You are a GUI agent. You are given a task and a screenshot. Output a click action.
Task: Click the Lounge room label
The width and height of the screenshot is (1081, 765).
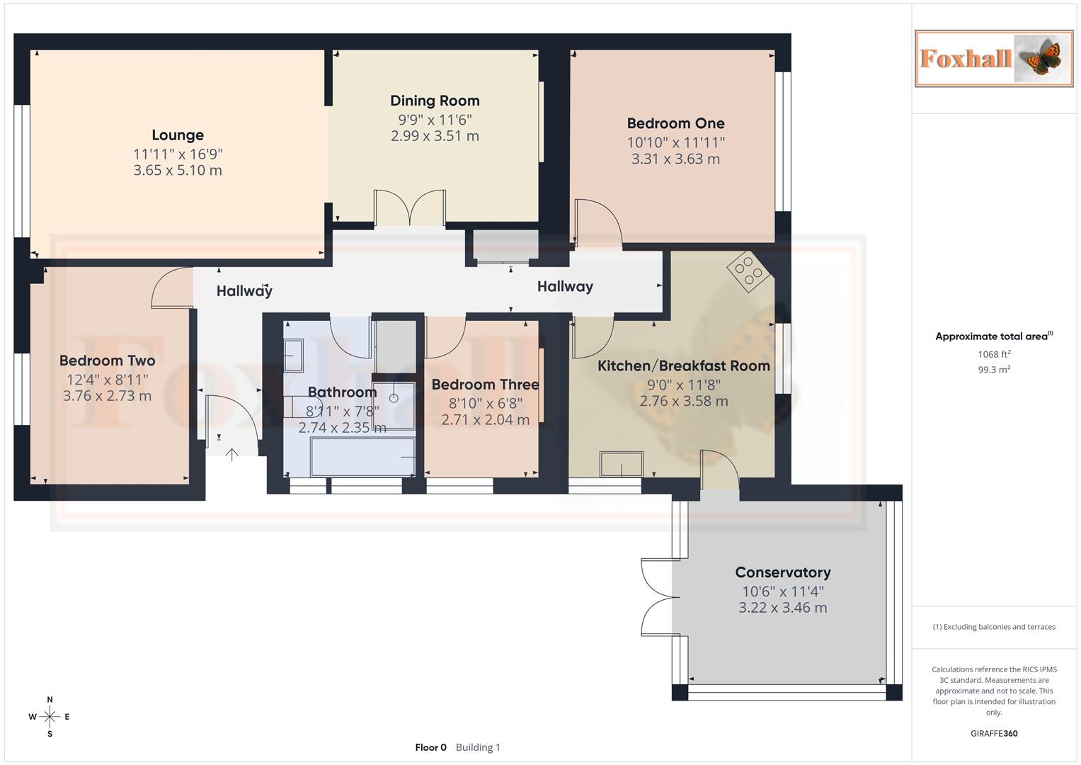click(x=178, y=135)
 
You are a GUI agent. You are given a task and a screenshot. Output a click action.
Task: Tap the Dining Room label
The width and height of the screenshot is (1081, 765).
click(x=435, y=101)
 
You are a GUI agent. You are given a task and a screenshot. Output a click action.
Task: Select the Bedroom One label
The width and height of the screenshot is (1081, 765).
click(x=675, y=123)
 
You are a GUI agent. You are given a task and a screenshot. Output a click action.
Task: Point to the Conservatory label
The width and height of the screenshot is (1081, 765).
click(x=782, y=572)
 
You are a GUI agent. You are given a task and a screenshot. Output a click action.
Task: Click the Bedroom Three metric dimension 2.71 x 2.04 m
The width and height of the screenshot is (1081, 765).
click(x=485, y=419)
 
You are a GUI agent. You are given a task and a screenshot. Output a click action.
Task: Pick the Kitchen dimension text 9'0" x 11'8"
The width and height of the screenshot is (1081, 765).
click(x=683, y=385)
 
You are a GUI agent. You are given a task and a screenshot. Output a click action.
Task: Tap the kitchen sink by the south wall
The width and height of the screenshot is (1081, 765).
click(x=622, y=465)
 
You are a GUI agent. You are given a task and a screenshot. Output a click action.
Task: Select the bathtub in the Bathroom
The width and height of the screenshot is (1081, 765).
click(x=362, y=457)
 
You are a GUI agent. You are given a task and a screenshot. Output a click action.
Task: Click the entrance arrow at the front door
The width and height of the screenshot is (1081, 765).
click(x=232, y=454)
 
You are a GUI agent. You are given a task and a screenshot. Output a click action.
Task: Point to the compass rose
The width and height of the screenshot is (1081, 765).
click(x=50, y=717)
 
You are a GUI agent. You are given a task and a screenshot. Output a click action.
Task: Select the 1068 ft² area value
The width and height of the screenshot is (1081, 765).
click(x=994, y=354)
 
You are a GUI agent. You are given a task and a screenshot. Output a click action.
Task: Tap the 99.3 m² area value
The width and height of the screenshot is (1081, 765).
click(x=994, y=370)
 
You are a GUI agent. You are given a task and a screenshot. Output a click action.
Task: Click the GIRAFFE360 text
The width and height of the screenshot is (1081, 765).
click(x=994, y=734)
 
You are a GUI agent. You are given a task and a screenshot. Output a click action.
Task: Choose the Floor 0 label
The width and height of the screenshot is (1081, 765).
click(x=430, y=747)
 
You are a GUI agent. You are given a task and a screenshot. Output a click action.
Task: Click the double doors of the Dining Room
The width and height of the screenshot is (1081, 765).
click(x=410, y=208)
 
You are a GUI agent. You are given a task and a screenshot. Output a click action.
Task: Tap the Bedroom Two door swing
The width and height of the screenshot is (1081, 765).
click(x=172, y=288)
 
